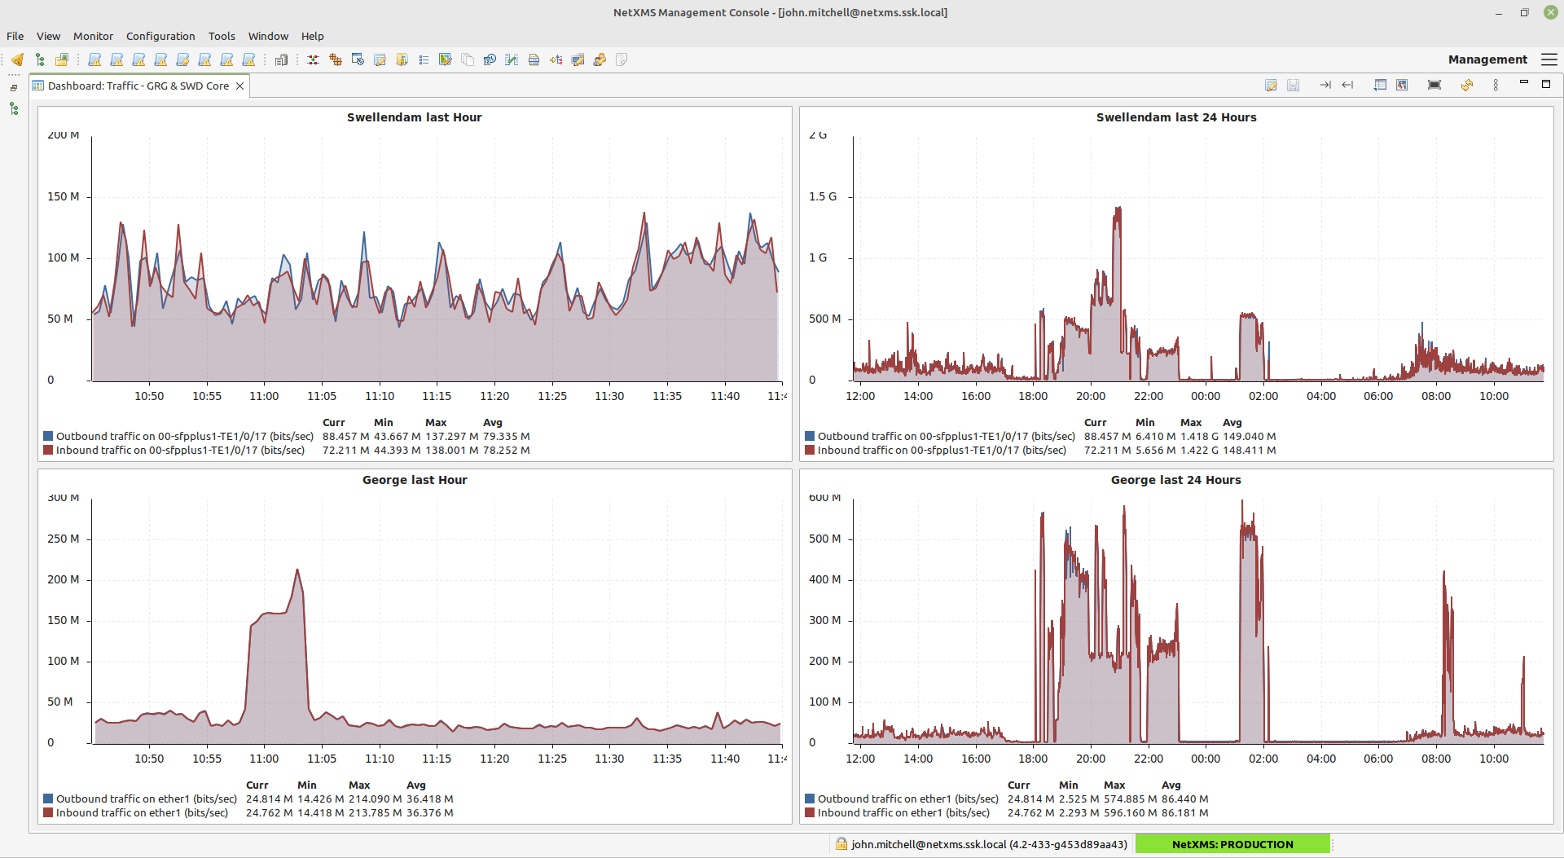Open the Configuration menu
coord(160,36)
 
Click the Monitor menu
coord(93,36)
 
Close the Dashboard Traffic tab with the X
coord(239,86)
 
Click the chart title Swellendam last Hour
coord(414,117)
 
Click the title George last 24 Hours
coord(1175,480)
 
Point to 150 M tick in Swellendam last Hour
coord(64,196)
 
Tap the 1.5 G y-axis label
coord(823,196)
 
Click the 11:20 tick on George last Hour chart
coord(494,759)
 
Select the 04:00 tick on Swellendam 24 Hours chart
coord(1321,396)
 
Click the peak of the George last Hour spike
coord(297,570)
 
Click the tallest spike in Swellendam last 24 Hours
coord(1118,209)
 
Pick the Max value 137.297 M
coord(451,437)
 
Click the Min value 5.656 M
coord(1155,451)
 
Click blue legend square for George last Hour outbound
coord(48,799)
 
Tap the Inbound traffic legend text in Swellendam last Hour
coord(180,451)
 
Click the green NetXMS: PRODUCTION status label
coord(1232,844)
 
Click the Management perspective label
coord(1487,59)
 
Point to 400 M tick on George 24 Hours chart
coord(824,579)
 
